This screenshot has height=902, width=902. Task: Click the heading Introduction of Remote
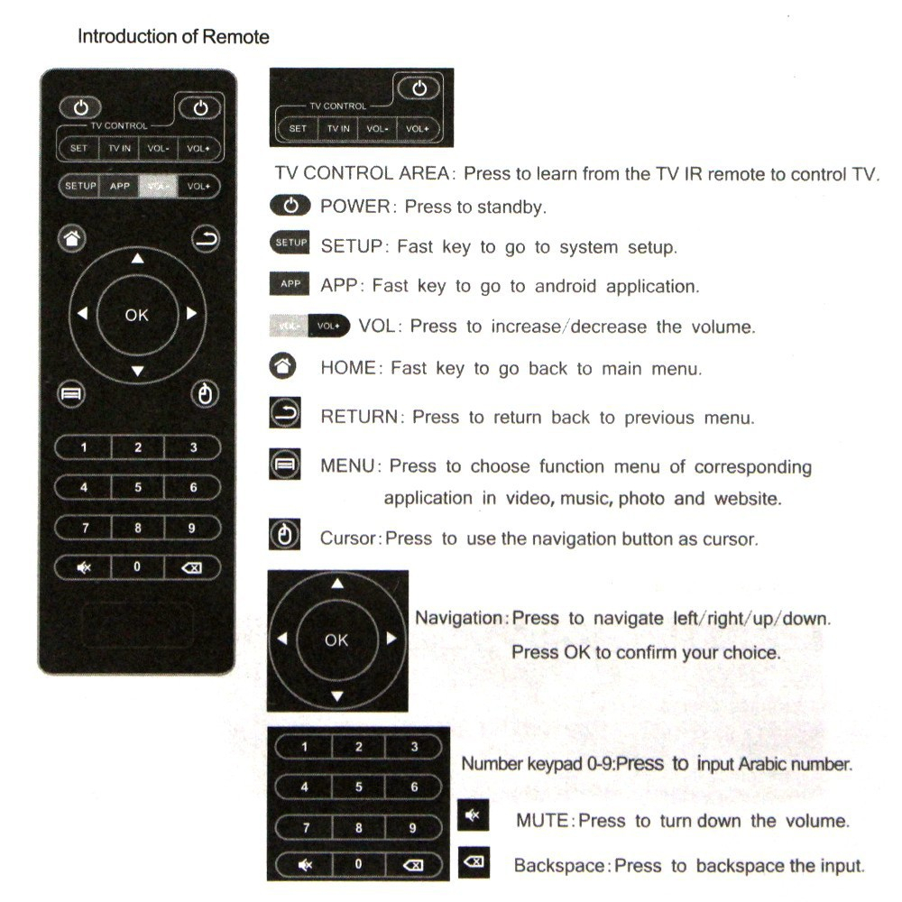(173, 37)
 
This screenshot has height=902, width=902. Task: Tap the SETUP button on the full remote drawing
(79, 186)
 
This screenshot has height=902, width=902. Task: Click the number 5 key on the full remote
(138, 487)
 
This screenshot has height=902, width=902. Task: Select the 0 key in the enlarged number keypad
(358, 864)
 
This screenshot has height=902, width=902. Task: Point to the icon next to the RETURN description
(284, 416)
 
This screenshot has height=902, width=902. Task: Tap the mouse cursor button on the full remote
(207, 394)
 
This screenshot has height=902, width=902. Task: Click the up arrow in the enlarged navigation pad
(337, 584)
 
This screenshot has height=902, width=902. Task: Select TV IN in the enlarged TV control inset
(338, 129)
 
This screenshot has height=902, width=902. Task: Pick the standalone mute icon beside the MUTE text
(471, 816)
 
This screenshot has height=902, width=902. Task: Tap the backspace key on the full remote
(192, 567)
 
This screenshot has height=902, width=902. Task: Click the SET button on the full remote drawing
(78, 148)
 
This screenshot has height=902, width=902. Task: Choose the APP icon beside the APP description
(290, 284)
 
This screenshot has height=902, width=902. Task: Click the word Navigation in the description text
(461, 618)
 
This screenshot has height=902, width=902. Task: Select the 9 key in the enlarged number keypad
(413, 826)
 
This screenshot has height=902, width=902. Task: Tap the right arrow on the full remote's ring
(191, 314)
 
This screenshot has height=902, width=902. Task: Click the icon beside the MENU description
(284, 465)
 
